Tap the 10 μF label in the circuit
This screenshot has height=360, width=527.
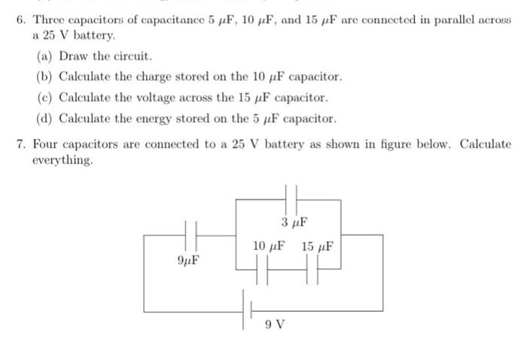[269, 246]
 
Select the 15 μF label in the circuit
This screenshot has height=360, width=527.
[316, 246]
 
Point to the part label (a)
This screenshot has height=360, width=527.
[45, 56]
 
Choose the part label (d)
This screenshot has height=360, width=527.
[45, 118]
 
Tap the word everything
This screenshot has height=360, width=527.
[62, 160]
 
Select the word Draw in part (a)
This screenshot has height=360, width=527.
[75, 56]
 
